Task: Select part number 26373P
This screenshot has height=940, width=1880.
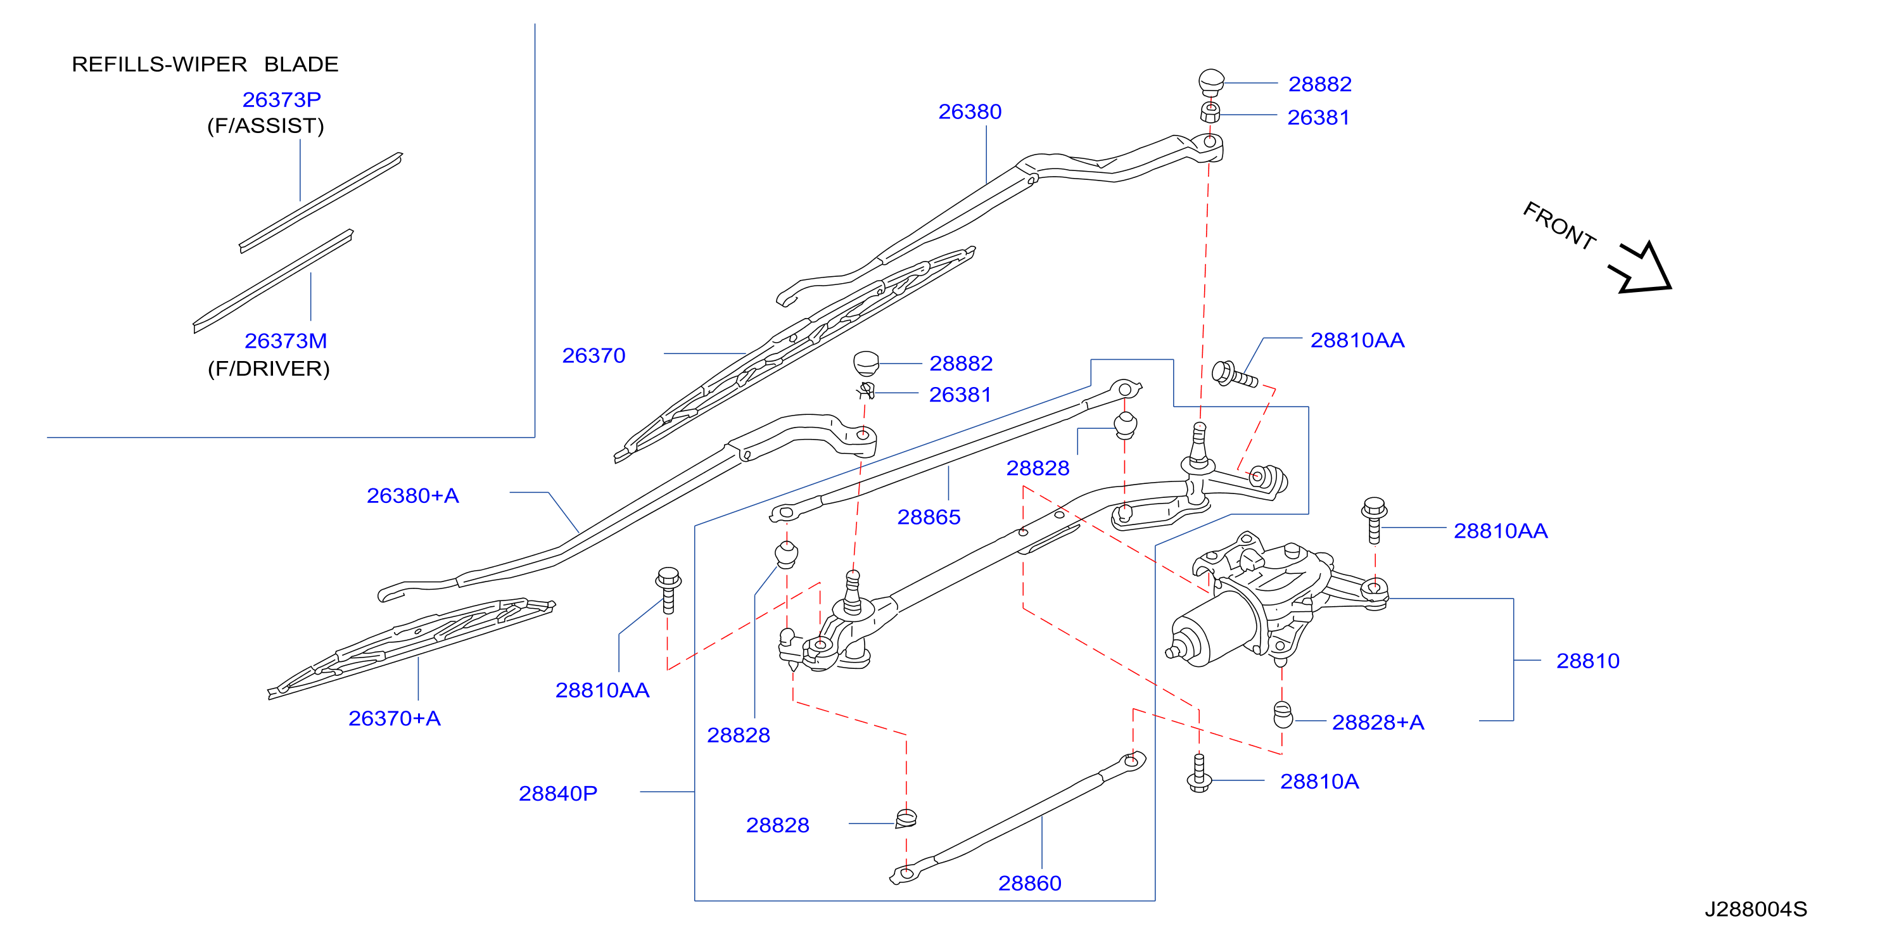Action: [x=282, y=99]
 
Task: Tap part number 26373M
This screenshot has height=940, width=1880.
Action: [x=285, y=341]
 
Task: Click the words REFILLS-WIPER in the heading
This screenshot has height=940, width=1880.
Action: [x=159, y=64]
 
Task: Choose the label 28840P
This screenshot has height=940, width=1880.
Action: [x=557, y=793]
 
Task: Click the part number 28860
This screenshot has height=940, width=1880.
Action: [x=1030, y=883]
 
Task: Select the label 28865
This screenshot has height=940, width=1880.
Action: [x=929, y=517]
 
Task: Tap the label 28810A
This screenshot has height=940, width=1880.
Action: [x=1319, y=782]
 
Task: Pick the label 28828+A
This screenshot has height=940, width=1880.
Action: [x=1378, y=722]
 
